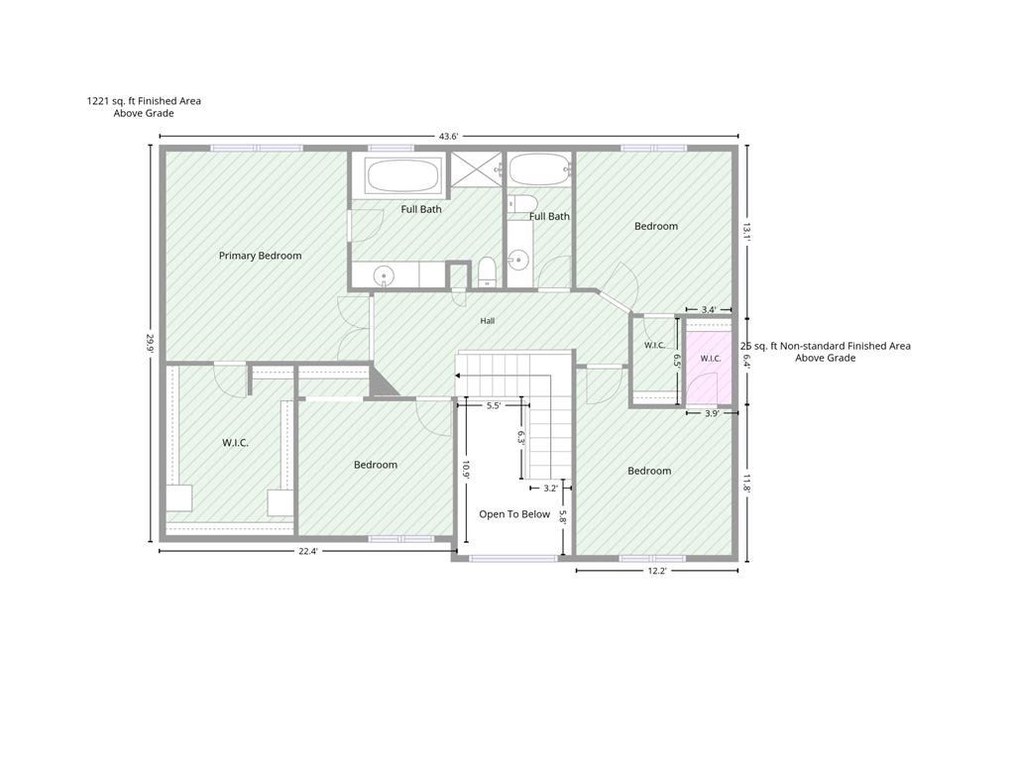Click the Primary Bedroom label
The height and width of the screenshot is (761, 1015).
(261, 256)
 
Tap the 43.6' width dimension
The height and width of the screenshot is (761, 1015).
(449, 136)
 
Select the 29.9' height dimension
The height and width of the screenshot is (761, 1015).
(151, 342)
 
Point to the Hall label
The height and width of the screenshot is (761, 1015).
(488, 320)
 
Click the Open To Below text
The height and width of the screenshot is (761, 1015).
(514, 514)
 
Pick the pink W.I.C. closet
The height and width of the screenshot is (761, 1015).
(709, 367)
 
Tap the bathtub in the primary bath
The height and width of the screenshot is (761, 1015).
(402, 174)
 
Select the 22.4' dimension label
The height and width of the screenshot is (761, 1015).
(307, 551)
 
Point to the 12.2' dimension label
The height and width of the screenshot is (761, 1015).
(656, 571)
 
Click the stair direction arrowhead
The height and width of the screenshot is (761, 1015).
(458, 376)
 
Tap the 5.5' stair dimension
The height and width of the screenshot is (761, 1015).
(494, 405)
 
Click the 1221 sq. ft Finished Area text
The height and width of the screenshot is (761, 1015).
(144, 101)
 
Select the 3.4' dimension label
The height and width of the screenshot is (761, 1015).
(709, 309)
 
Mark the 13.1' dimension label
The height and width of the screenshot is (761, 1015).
(746, 232)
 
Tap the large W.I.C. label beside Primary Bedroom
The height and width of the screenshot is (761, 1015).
(235, 443)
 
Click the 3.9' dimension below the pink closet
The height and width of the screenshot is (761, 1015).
(712, 413)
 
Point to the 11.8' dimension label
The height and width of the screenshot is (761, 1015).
(746, 484)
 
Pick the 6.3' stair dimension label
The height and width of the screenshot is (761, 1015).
(520, 438)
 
